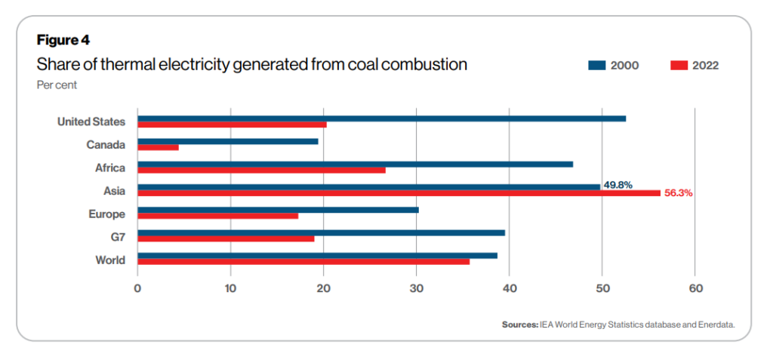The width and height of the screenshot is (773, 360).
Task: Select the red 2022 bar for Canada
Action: coord(158,147)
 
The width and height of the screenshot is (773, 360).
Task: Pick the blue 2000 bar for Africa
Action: coord(355,164)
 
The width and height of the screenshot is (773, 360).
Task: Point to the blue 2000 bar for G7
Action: coord(321,232)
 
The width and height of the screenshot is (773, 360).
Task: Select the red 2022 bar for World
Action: coord(303,261)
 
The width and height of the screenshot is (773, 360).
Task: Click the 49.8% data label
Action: coord(618,184)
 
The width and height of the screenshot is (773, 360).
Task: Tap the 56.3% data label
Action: coord(678,193)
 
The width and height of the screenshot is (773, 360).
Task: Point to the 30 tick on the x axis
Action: coord(417,288)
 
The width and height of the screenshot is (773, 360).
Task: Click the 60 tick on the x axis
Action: coord(695,288)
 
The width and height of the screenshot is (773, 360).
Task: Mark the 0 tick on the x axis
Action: coord(137,288)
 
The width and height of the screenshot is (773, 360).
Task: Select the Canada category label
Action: coord(106,144)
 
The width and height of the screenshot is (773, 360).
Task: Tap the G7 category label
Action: coord(116,237)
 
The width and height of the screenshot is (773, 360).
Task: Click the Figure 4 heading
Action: coord(63,39)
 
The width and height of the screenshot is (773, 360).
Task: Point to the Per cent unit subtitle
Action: coord(57,85)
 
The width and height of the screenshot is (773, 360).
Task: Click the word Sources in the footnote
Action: coord(519,325)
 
